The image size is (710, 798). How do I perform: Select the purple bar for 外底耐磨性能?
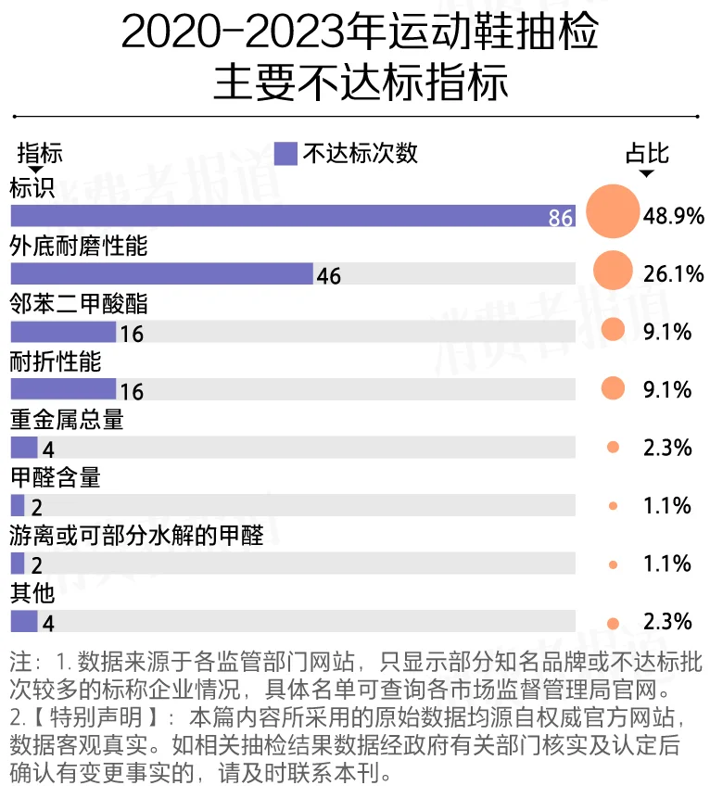[x=162, y=274]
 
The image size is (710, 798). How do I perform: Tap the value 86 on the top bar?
[x=561, y=218]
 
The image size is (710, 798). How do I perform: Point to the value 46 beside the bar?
[x=329, y=275]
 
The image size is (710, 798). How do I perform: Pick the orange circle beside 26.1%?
[x=613, y=270]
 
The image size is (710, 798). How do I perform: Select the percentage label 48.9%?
[x=674, y=216]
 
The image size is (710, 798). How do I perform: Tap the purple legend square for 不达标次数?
[x=286, y=153]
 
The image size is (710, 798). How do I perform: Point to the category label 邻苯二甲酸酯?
[x=78, y=304]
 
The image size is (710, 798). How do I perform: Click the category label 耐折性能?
[x=55, y=361]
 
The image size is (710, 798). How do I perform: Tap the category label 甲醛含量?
[x=55, y=477]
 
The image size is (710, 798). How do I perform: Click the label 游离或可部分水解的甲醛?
[x=136, y=536]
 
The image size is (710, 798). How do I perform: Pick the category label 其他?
[x=32, y=593]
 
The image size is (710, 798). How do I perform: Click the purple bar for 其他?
[x=24, y=621]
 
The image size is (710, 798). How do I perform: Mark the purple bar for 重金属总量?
[x=24, y=448]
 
